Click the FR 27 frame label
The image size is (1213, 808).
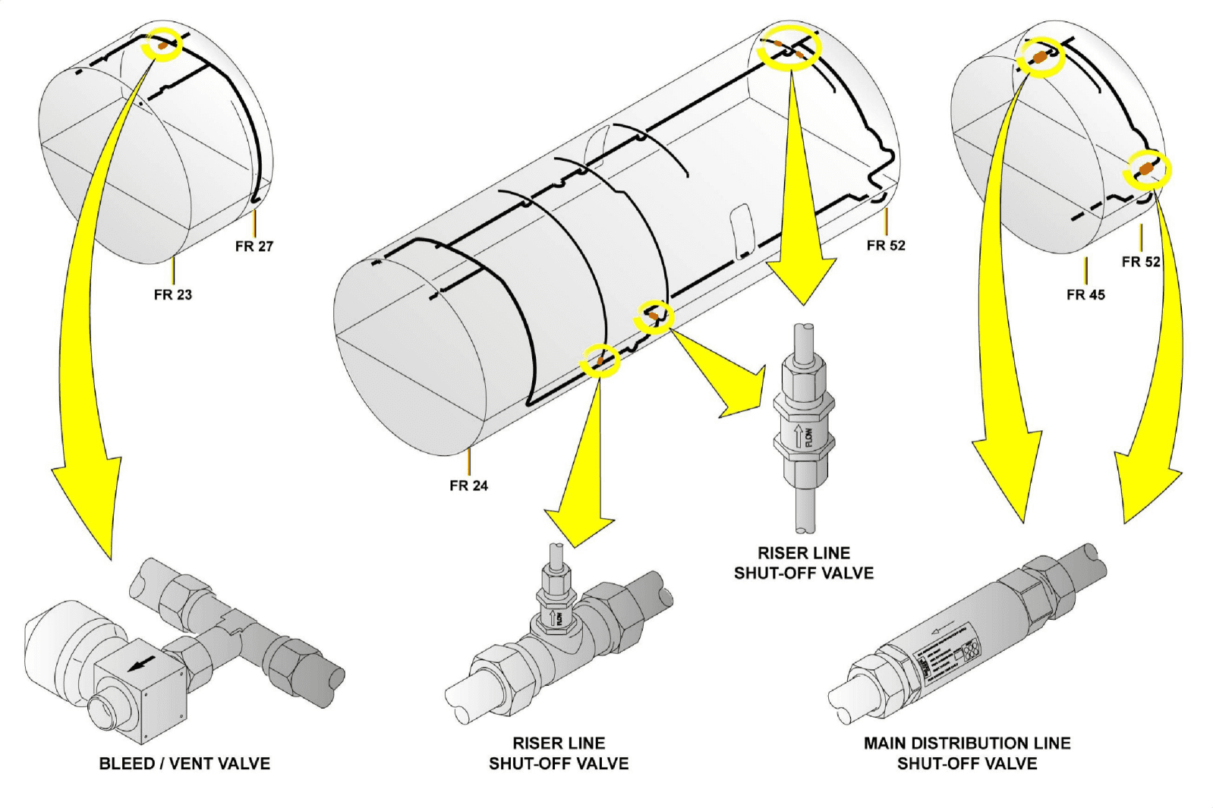(254, 246)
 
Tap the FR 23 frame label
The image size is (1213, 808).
(173, 294)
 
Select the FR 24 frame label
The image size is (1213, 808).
(468, 486)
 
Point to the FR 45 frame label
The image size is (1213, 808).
(1085, 294)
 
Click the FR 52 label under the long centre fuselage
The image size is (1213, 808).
(886, 245)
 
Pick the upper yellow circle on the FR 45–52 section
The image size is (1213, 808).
(1041, 57)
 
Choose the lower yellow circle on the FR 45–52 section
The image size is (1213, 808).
(1147, 170)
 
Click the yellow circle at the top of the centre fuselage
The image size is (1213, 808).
(791, 49)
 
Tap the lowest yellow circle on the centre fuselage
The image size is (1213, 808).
(600, 361)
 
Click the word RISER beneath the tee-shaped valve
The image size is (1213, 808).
(536, 743)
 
